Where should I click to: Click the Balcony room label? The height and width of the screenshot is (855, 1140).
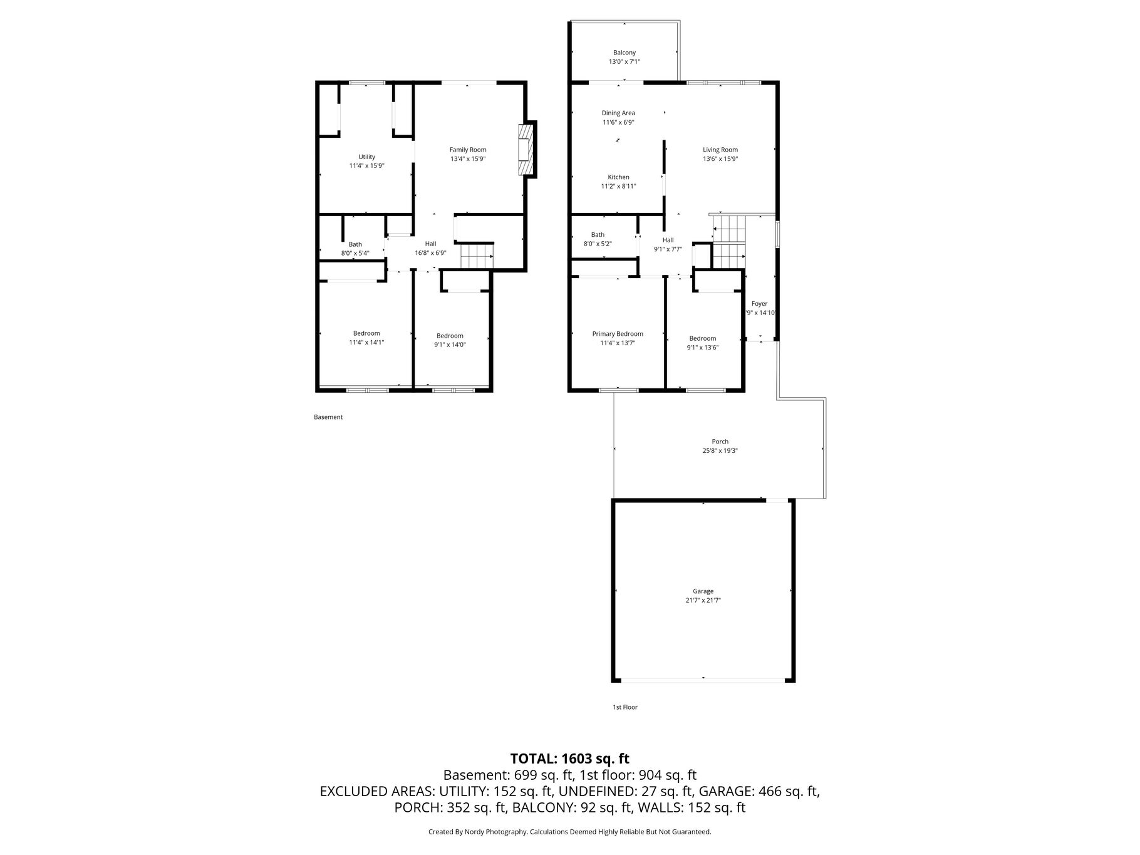click(x=624, y=53)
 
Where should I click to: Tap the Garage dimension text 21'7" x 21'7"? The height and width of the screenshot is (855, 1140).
click(x=703, y=600)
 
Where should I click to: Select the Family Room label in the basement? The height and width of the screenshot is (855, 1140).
click(x=468, y=150)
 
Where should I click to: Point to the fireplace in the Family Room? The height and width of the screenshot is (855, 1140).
click(x=525, y=150)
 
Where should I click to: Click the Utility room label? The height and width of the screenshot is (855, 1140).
click(x=366, y=157)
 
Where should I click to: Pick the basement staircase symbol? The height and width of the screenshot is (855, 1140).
click(x=477, y=256)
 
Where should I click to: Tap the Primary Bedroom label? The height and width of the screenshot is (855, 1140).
click(x=618, y=334)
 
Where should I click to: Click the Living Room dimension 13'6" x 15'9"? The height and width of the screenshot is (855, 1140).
click(x=720, y=159)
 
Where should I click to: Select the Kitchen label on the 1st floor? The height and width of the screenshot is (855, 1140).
click(x=618, y=177)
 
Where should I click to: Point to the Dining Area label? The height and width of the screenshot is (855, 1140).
click(x=618, y=113)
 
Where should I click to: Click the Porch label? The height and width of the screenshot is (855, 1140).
click(x=720, y=442)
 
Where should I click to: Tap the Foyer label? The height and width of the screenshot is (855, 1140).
click(x=759, y=304)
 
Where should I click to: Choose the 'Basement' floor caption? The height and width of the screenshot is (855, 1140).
click(x=328, y=417)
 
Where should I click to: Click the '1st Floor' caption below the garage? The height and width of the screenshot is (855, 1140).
click(x=624, y=707)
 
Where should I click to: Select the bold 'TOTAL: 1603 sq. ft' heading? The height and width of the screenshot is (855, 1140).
click(x=569, y=759)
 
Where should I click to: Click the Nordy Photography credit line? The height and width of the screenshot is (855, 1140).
click(x=569, y=832)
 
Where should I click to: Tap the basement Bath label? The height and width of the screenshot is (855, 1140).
click(x=355, y=244)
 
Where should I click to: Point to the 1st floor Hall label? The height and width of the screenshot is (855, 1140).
click(x=668, y=240)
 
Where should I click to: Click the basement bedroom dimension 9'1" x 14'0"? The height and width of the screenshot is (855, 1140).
click(x=450, y=345)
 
